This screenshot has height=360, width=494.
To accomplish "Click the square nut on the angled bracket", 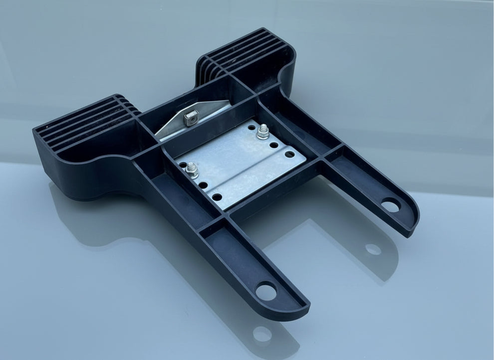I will pyautogui.click(x=191, y=118).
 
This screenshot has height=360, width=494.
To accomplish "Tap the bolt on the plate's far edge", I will pyautogui.click(x=263, y=133).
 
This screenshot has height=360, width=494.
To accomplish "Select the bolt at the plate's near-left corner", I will pyautogui.click(x=192, y=171).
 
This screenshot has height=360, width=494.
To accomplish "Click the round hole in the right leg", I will pyautogui.click(x=391, y=205).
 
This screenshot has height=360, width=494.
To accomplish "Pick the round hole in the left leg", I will pyautogui.click(x=267, y=291).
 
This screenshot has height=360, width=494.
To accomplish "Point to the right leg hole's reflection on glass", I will pyautogui.click(x=373, y=249).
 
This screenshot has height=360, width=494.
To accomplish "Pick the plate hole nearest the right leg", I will pyautogui.click(x=289, y=155).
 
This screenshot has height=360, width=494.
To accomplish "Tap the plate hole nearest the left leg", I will pyautogui.click(x=217, y=197).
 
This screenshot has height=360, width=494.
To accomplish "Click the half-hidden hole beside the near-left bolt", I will pyautogui.click(x=183, y=165).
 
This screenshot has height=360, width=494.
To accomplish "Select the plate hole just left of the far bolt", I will pyautogui.click(x=251, y=127).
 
